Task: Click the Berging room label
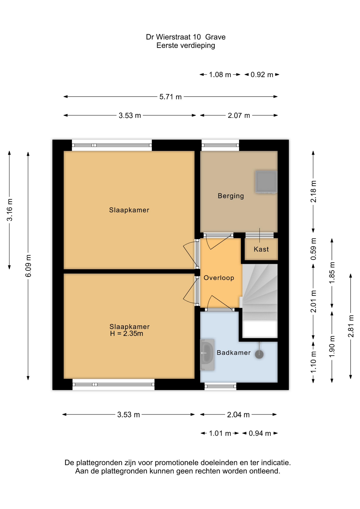pos(231,196)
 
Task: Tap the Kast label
pos(261,249)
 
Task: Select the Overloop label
pos(219,278)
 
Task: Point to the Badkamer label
pos(234,353)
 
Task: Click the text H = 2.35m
pos(126,334)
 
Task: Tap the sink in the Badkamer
pos(207,354)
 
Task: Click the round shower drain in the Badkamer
pos(259,354)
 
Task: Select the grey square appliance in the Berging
pos(266,182)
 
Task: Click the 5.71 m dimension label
pos(170,97)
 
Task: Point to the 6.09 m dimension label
pos(28,266)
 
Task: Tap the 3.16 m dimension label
pos(10,210)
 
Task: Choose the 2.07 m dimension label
pos(239,116)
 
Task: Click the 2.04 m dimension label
pos(238,415)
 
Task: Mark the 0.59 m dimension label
pos(313,249)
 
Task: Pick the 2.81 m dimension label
pos(351,326)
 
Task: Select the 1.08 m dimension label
pos(220,75)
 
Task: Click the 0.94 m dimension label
pos(260,433)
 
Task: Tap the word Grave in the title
pos(215,37)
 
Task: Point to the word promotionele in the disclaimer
pos(177,463)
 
